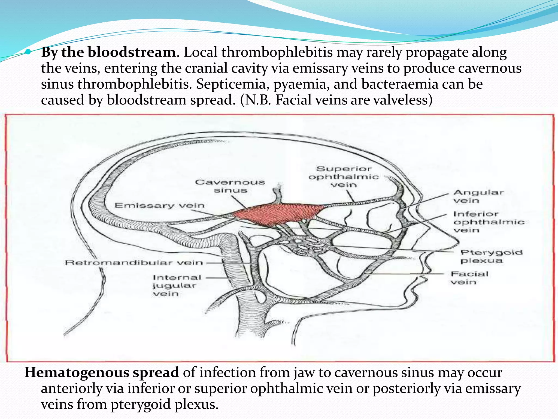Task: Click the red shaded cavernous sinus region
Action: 278,214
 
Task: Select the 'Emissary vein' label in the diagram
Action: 159,205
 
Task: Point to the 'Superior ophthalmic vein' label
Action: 344,176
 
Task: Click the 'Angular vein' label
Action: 478,196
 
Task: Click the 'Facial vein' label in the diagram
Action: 469,277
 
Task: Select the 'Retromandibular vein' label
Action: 134,262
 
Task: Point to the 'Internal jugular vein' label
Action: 177,285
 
